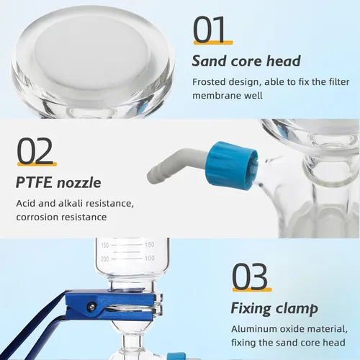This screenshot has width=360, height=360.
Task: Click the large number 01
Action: (x=210, y=30)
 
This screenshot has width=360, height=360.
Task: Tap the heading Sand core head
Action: (x=246, y=61)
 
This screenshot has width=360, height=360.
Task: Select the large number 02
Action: (x=35, y=150)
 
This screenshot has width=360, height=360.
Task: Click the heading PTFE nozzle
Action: (x=58, y=182)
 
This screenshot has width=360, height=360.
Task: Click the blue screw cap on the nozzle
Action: (x=233, y=166)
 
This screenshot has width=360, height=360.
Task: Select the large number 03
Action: (x=250, y=276)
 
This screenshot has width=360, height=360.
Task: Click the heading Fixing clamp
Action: (x=274, y=309)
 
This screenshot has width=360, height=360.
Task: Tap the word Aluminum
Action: (x=251, y=329)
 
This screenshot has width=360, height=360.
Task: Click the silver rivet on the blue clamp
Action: (x=91, y=306)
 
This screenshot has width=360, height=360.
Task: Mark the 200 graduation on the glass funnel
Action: (x=105, y=259)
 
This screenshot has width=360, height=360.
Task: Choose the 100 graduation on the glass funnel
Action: (x=150, y=258)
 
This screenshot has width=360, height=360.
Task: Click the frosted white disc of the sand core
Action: (x=92, y=52)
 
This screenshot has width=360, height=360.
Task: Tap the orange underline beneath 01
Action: (x=213, y=42)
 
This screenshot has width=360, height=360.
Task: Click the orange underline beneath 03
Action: (x=252, y=289)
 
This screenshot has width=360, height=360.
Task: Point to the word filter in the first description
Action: (x=339, y=82)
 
